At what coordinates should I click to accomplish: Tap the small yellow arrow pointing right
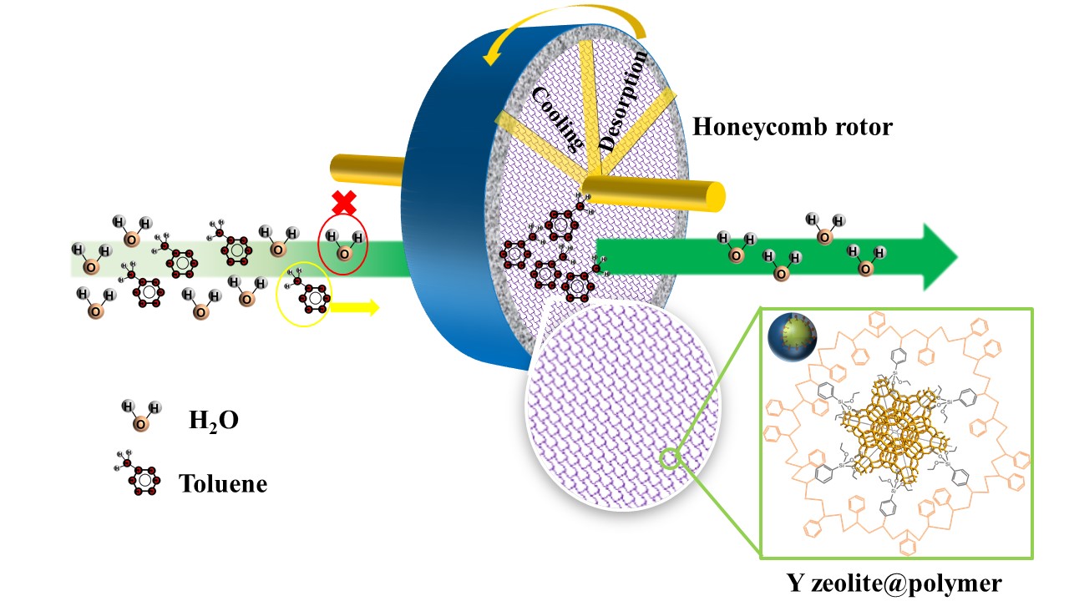coord(355,308)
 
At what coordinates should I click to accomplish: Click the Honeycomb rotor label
coord(793,128)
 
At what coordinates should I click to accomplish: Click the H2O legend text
coord(214,420)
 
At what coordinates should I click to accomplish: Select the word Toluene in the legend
coord(223,483)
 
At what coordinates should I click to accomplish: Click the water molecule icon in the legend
coord(139,415)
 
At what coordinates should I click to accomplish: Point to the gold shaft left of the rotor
coord(368,170)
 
